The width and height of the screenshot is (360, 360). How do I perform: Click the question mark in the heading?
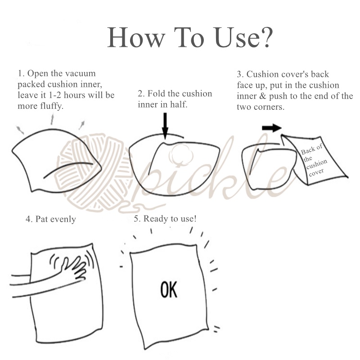point(267,37)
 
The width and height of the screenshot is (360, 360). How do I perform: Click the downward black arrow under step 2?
point(165,126)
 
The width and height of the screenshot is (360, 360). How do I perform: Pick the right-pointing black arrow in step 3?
point(272,128)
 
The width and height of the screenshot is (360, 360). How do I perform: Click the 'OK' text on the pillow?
point(169,290)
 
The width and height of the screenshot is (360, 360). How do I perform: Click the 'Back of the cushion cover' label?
point(314,160)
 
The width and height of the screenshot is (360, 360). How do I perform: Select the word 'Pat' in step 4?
point(41,219)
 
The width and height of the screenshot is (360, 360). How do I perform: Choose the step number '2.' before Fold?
point(141,94)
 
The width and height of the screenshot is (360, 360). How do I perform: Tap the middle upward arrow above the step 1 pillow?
point(52,118)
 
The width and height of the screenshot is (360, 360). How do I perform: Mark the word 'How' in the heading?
point(136,37)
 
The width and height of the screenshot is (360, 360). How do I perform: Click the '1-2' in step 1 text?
point(55,95)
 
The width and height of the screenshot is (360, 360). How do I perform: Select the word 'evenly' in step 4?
point(63,220)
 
